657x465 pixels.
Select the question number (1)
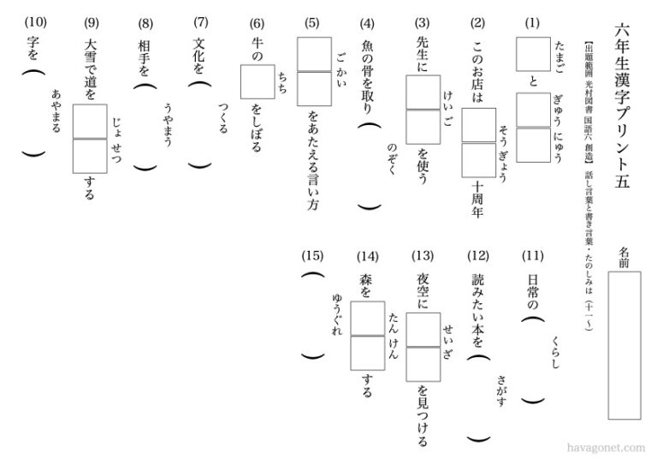point(534,21)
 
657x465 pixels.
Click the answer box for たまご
point(527,55)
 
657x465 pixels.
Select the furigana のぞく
point(393,159)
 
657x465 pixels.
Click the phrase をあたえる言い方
point(313,164)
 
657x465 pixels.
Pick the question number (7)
point(201,21)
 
